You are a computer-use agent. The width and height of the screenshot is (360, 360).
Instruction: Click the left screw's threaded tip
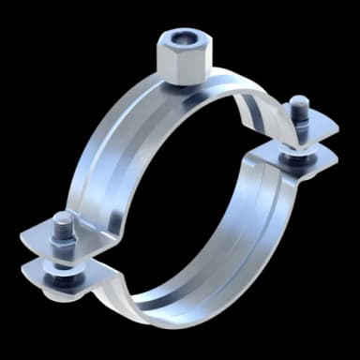click(62, 219)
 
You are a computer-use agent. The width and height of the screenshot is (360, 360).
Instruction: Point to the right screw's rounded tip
click(298, 102)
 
